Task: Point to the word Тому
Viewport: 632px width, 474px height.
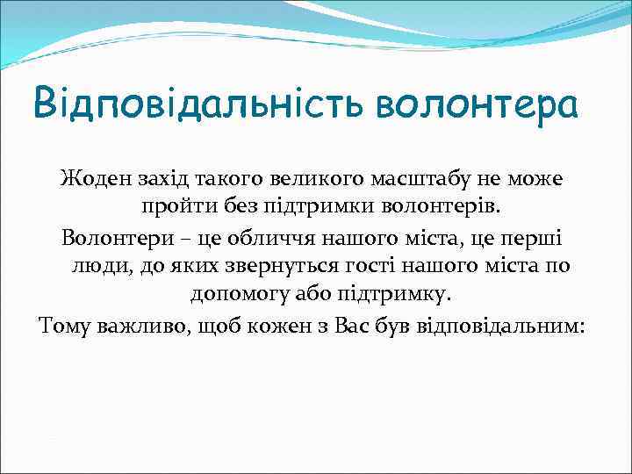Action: tap(64, 326)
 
